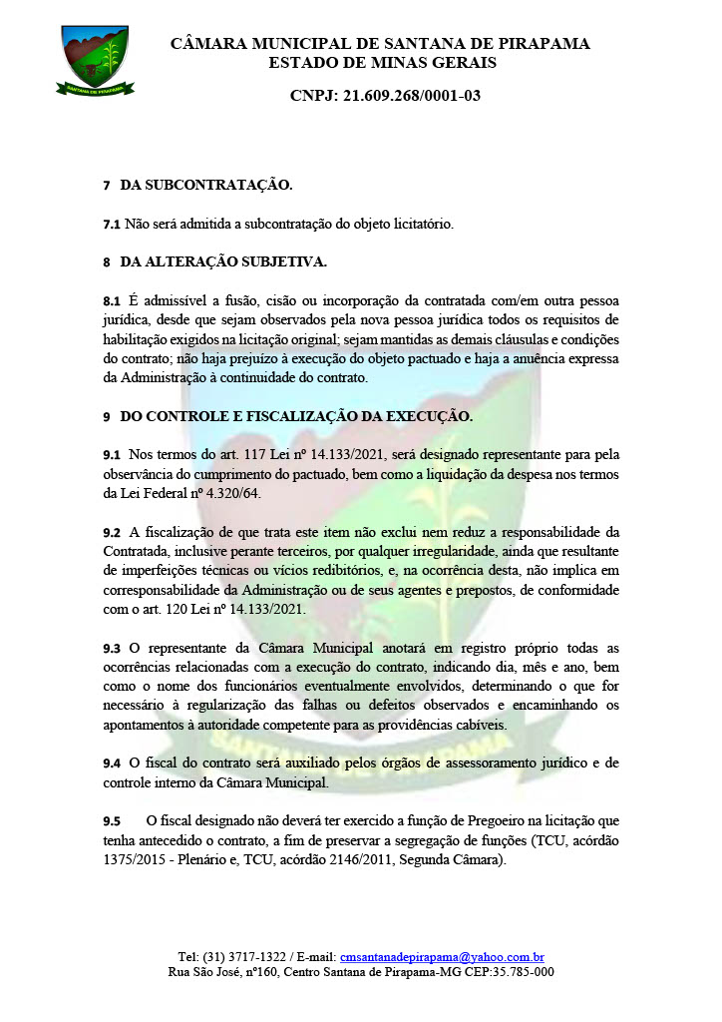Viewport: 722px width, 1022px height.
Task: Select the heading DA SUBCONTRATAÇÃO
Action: coord(205,186)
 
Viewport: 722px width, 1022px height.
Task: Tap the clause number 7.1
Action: coord(112,224)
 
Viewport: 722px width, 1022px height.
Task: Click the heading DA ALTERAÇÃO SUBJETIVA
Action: coord(222,261)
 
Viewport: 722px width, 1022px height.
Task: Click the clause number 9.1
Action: coord(112,454)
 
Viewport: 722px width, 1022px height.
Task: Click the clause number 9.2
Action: coord(112,531)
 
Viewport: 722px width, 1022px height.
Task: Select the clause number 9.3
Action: coord(112,648)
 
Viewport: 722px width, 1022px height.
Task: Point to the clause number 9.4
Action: coord(112,764)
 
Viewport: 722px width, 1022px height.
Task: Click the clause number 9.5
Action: coord(112,820)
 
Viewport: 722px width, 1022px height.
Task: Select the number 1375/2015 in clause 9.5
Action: coord(137,859)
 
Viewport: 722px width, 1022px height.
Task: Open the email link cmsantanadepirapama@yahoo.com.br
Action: coord(442,956)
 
